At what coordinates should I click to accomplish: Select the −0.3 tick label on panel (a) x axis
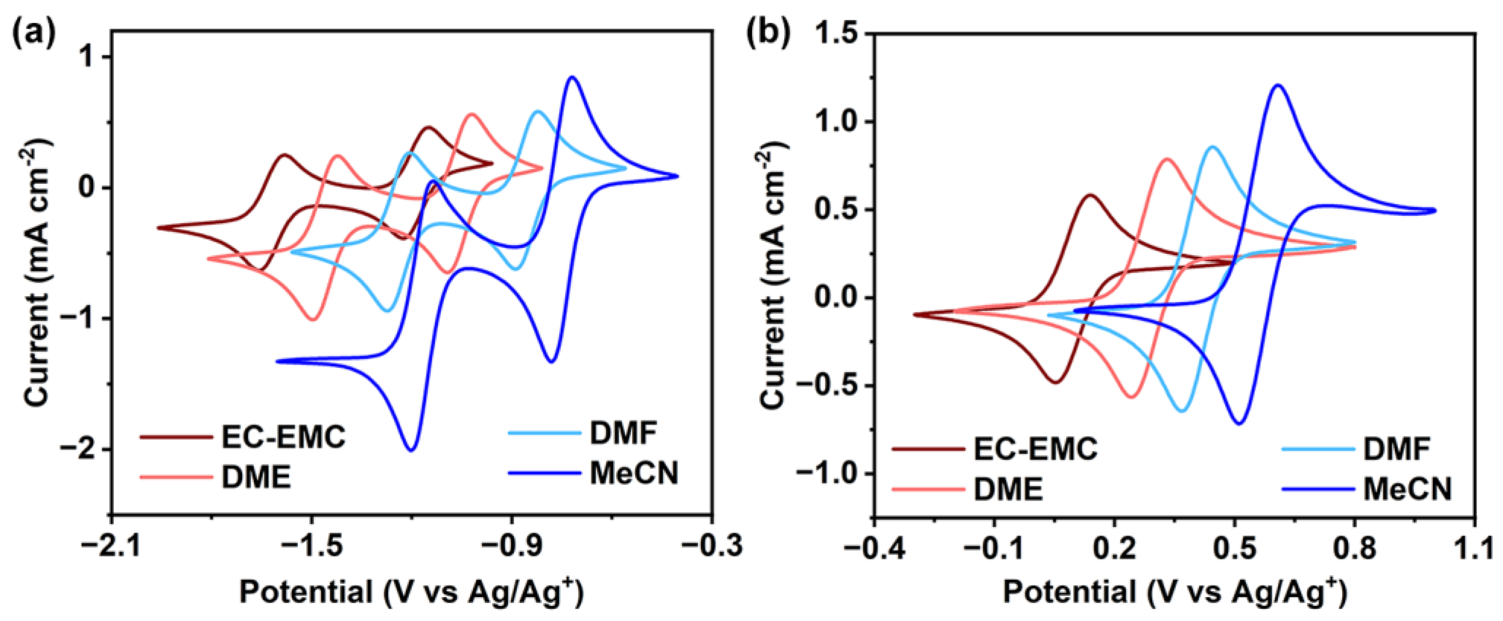click(712, 547)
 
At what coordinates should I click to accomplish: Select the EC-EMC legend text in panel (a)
click(284, 437)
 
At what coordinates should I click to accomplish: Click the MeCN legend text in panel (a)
click(634, 473)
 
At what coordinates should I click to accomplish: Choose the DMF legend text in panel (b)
click(1397, 449)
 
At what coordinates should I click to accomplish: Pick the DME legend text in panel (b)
click(1008, 489)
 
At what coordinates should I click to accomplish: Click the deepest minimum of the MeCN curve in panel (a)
click(411, 449)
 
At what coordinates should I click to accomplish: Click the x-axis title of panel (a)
click(411, 592)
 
